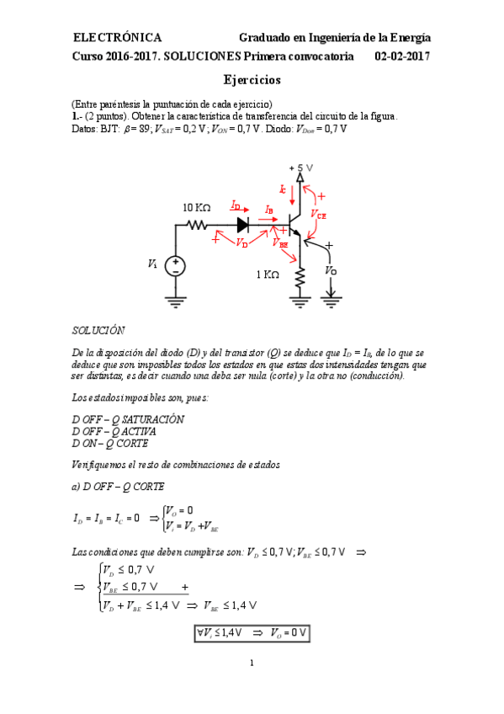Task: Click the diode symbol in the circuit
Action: tap(243, 225)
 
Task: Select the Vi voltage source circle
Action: tap(176, 265)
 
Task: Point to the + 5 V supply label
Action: tap(301, 168)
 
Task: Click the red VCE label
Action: tap(318, 215)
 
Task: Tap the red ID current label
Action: tap(236, 205)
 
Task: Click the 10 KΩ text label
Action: tap(197, 207)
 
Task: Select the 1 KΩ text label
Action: tap(268, 274)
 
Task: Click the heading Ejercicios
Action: tap(252, 80)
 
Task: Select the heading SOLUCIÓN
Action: tap(98, 331)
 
